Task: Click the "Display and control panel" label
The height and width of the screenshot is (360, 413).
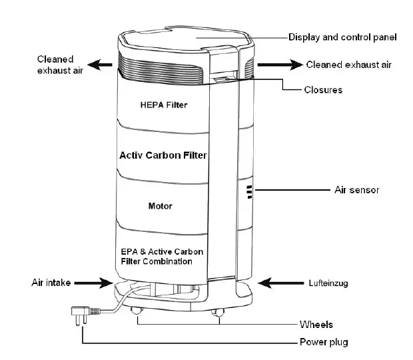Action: point(342,37)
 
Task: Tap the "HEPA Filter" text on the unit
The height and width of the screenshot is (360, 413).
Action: point(165,105)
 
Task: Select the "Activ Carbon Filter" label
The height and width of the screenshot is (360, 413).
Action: point(163,155)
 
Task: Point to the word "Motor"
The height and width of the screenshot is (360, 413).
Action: point(160,206)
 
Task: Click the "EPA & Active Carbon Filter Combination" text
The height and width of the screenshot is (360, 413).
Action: point(162,257)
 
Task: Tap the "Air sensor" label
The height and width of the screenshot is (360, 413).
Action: point(356,191)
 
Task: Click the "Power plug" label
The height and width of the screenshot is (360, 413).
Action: point(322,343)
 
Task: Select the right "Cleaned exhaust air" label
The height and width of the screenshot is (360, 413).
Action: point(348,65)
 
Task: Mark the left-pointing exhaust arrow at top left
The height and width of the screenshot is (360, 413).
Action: point(101,65)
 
